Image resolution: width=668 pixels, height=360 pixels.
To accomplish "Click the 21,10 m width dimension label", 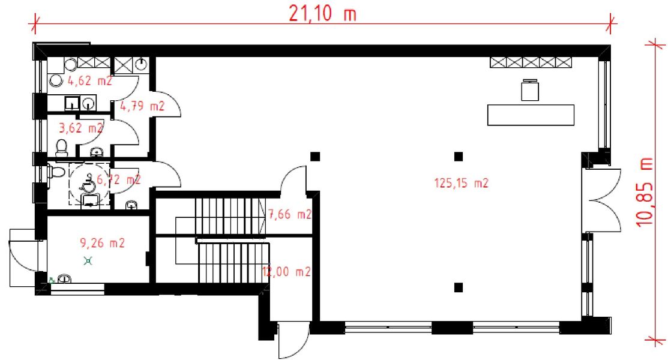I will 322,14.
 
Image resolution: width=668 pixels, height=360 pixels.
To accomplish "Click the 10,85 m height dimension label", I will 646,191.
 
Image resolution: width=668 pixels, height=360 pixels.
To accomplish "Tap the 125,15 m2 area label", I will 461,184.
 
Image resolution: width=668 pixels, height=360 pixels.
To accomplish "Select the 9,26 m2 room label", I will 102,243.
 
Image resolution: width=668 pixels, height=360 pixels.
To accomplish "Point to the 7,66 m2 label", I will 290,214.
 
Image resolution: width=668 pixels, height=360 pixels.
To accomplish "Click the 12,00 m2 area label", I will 287,271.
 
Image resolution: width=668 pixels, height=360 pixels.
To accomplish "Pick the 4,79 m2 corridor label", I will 142,107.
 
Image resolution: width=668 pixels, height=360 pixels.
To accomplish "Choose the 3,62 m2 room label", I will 80,127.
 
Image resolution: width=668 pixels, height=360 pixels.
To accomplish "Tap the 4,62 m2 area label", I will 89,82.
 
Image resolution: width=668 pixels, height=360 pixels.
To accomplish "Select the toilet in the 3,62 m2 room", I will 61,146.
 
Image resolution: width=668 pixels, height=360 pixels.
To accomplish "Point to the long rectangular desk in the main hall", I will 531,115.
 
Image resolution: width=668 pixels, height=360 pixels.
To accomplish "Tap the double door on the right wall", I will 603,200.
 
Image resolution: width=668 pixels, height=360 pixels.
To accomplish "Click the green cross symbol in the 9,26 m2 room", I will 89,260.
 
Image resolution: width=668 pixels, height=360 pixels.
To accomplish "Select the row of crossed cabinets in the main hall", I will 531,62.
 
